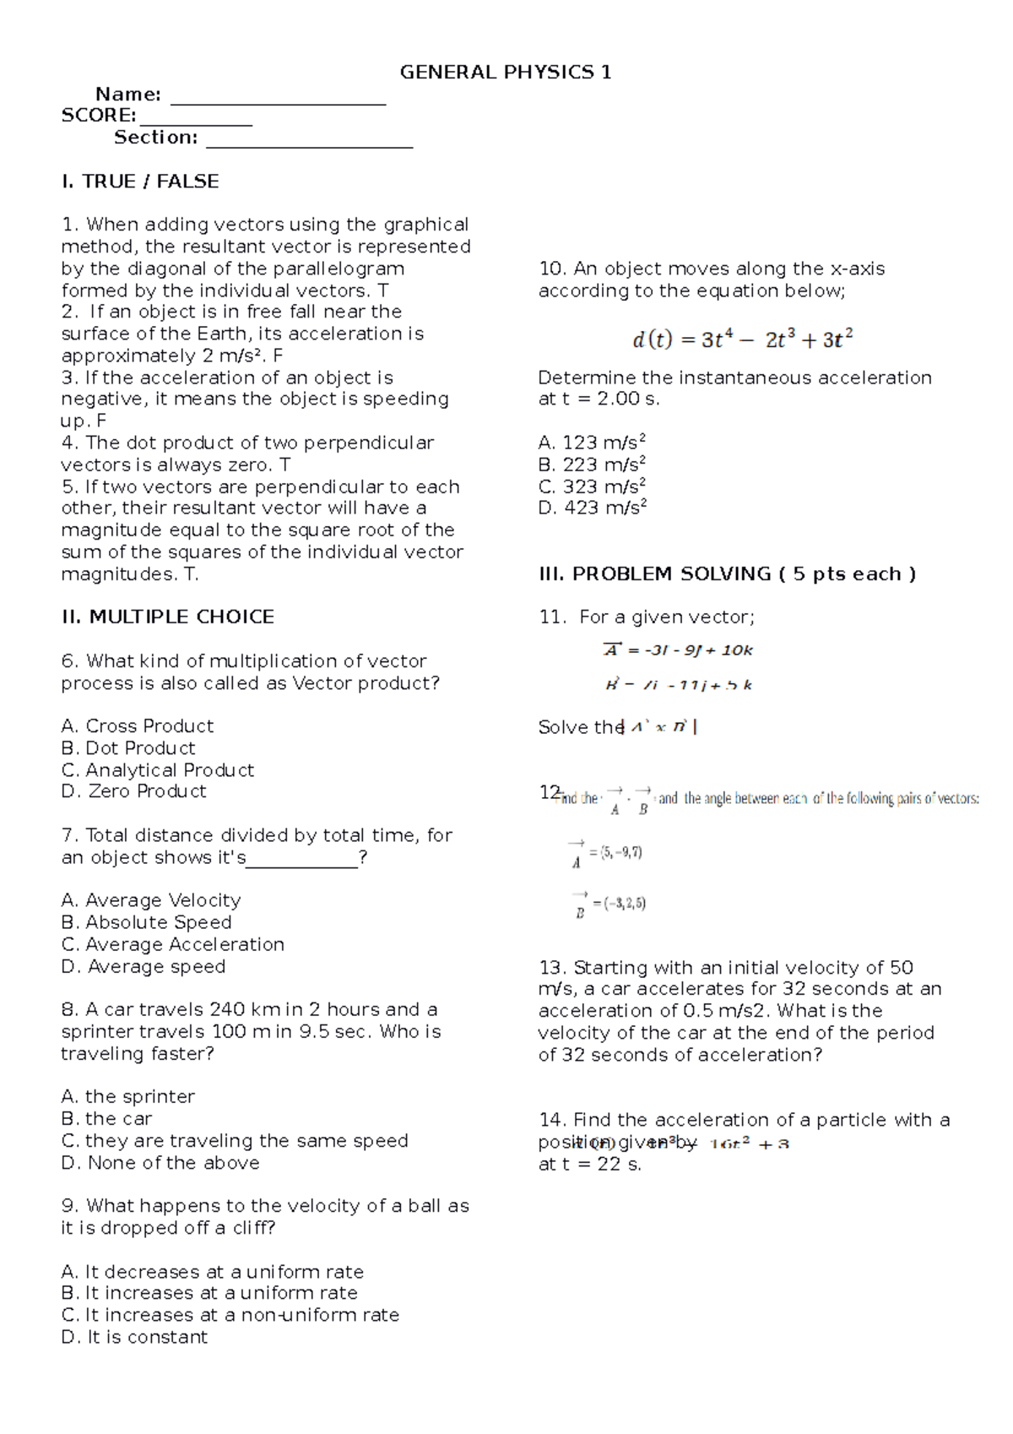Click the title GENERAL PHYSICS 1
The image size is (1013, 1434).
point(505,73)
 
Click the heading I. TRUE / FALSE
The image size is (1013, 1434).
point(140,182)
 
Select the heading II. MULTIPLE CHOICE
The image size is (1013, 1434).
point(168,617)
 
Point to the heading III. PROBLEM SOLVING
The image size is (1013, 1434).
point(727,574)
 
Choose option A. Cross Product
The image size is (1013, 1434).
point(138,726)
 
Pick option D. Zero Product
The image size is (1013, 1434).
point(134,791)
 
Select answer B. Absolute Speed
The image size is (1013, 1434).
point(147,922)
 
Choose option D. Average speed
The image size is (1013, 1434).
point(144,966)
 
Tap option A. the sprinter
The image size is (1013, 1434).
point(128,1096)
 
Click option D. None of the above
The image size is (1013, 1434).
point(160,1163)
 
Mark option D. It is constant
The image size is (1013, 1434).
point(135,1337)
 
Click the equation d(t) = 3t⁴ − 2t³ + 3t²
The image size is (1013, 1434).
point(742,339)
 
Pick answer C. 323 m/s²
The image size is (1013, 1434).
point(592,486)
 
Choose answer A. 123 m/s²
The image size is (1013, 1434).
point(592,443)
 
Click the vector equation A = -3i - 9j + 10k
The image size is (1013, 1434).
point(678,650)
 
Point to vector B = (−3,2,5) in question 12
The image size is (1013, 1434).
point(609,904)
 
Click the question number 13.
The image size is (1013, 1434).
point(553,968)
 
